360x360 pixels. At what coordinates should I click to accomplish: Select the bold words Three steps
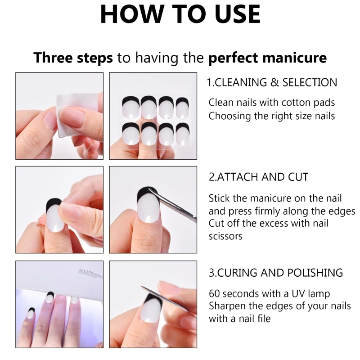point(73,58)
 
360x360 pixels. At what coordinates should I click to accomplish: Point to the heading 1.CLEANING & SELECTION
point(272,82)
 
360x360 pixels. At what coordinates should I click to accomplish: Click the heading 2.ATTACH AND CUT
point(258,177)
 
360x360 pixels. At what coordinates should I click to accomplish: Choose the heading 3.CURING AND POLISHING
point(275,273)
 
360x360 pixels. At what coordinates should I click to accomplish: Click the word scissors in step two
point(225,236)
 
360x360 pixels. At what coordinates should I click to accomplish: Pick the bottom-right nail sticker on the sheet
point(182,134)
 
